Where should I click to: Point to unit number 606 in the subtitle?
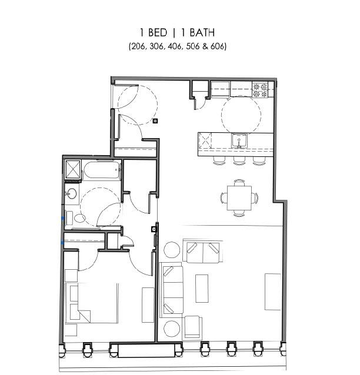216,46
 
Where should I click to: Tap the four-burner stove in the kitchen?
260,90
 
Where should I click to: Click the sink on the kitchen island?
239,140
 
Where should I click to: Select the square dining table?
239,198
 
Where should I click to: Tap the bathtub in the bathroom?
102,170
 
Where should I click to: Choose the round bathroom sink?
71,193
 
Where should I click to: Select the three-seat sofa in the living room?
172,290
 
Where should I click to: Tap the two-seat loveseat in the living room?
203,252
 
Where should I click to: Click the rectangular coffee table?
202,288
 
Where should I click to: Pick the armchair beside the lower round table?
192,327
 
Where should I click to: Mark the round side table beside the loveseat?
172,250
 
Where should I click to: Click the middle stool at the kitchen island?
239,159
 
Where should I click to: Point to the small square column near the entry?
155,122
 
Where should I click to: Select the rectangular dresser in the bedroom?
148,304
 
